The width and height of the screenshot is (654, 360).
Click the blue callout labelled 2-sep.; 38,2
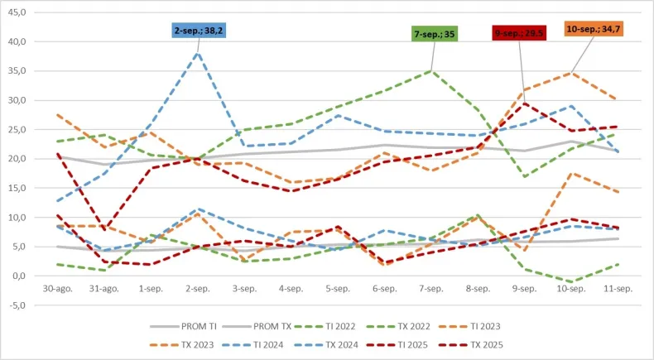(198, 31)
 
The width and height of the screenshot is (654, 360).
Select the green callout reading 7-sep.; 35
(435, 34)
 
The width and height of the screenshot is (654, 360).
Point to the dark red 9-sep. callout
(518, 33)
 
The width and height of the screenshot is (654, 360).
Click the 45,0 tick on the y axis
(17, 12)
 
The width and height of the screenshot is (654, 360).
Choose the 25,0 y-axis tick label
(17, 129)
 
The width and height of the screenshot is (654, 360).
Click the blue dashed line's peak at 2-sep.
(198, 52)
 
